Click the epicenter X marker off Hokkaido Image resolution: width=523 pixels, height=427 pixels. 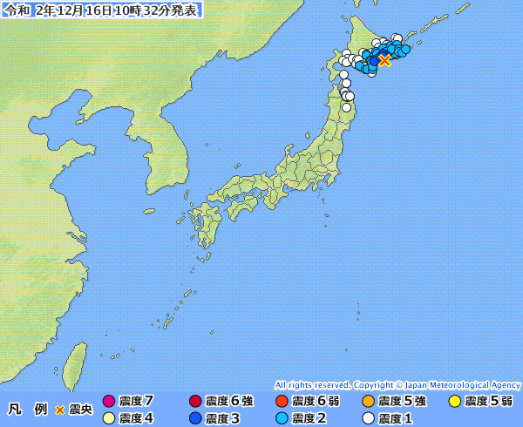pyautogui.click(x=384, y=60)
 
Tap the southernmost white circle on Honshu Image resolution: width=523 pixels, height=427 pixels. pyautogui.click(x=347, y=108)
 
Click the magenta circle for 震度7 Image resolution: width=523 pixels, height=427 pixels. pyautogui.click(x=109, y=402)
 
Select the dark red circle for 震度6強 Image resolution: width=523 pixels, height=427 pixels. pyautogui.click(x=195, y=402)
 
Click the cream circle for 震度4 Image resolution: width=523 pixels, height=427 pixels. pyautogui.click(x=109, y=418)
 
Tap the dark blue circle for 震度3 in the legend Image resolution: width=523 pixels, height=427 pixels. pyautogui.click(x=195, y=418)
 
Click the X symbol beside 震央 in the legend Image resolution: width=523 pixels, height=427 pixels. pyautogui.click(x=60, y=410)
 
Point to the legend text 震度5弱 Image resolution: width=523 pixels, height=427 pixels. pyautogui.click(x=488, y=402)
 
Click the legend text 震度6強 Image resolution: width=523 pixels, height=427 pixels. pyautogui.click(x=229, y=402)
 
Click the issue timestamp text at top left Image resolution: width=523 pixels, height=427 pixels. pyautogui.click(x=101, y=10)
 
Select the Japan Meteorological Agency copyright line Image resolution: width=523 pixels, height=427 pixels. pyautogui.click(x=397, y=384)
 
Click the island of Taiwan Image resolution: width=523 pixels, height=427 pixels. pyautogui.click(x=77, y=364)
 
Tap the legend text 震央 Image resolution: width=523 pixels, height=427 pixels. pyautogui.click(x=80, y=410)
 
